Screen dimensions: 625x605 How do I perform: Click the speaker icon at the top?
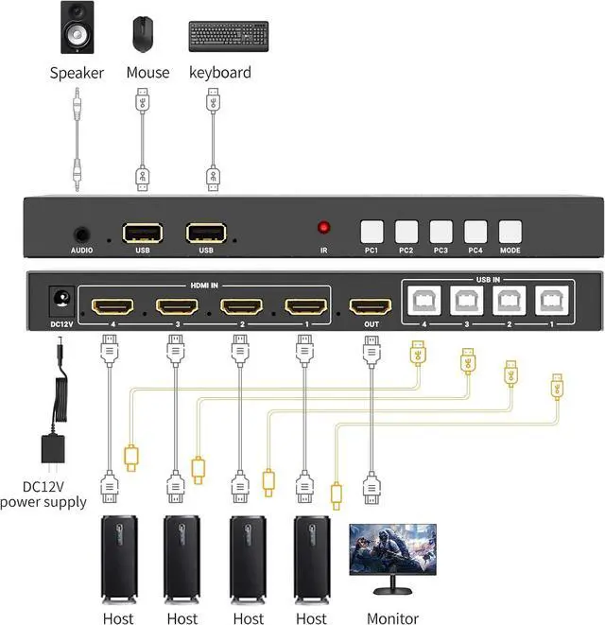point(77,28)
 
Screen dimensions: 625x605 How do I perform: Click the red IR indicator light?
point(324,228)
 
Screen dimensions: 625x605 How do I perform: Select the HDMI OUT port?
point(370,306)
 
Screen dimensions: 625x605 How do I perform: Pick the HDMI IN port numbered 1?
point(305,306)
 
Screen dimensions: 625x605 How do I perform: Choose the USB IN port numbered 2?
point(510,301)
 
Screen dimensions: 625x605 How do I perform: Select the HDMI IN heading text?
point(208,286)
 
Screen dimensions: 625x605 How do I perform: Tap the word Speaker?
point(77,72)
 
